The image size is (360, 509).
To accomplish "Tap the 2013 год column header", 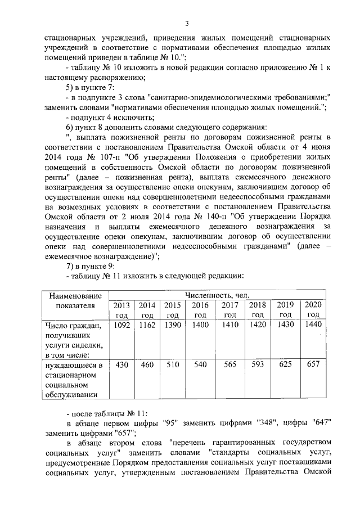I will click(x=121, y=309).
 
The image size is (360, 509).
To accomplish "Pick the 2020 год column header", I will click(x=313, y=309).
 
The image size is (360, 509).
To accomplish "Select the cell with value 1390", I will click(x=173, y=325).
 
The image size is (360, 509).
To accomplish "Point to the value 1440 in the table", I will click(x=313, y=325).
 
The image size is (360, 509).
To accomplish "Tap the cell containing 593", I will click(x=258, y=364).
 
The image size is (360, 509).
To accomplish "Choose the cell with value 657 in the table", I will click(x=313, y=364).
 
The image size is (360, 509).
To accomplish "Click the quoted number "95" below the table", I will click(x=171, y=423).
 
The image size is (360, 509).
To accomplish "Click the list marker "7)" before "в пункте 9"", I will click(x=70, y=265).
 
